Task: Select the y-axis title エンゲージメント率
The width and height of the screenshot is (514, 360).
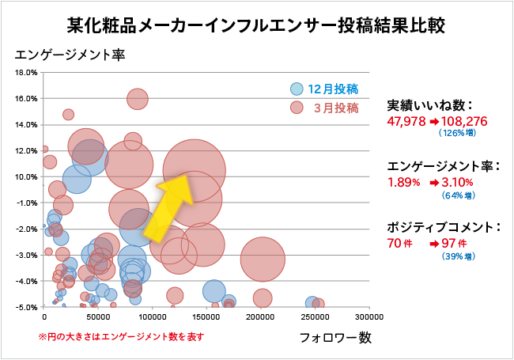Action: (70, 56)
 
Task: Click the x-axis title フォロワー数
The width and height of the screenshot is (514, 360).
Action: (335, 337)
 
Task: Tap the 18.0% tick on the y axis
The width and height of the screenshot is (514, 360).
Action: (27, 73)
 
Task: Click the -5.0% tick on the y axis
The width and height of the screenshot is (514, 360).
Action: (27, 307)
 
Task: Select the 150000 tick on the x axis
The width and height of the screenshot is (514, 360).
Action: (206, 316)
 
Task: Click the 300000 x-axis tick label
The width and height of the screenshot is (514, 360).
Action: (369, 316)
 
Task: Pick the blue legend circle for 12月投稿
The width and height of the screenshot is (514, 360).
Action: (297, 89)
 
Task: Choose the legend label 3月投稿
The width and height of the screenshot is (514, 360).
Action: (336, 108)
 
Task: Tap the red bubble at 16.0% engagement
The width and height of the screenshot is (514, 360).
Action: (138, 99)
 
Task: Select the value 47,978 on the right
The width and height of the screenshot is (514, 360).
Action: (406, 121)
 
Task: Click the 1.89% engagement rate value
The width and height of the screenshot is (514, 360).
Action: (403, 182)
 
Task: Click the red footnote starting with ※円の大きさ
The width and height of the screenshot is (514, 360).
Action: (121, 336)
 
